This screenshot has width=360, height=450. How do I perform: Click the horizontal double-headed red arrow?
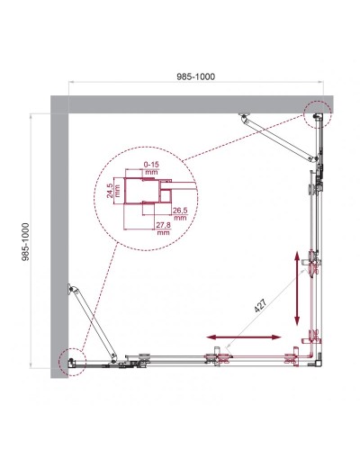(x=244, y=337)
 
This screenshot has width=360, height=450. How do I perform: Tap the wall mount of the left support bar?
(x=69, y=289)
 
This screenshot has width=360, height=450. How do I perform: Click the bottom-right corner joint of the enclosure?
(x=311, y=360)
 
